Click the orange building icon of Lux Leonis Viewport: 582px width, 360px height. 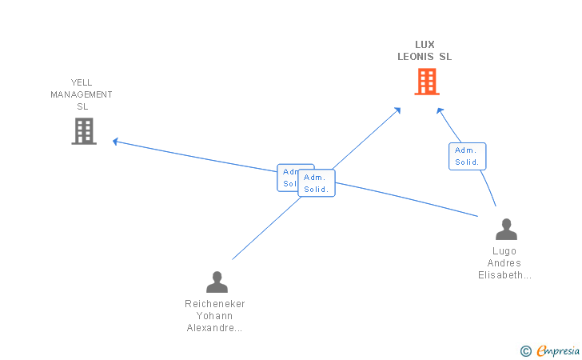[427, 82]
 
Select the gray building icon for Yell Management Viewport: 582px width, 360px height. [84, 131]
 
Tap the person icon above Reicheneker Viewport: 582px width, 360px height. [217, 282]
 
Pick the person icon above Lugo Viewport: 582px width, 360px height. [506, 230]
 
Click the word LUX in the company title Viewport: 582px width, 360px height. [425, 45]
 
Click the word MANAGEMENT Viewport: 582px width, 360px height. [82, 94]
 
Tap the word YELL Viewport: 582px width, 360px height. [82, 82]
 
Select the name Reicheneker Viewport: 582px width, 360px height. [215, 304]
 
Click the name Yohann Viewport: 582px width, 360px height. [214, 316]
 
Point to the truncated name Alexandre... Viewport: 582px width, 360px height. [214, 328]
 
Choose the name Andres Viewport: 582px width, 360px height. [504, 263]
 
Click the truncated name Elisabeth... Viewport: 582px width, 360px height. [504, 275]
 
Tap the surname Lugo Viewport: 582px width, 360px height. [504, 251]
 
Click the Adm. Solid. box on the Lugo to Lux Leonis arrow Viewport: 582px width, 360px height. [468, 157]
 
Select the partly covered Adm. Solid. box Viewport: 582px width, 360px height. [288, 178]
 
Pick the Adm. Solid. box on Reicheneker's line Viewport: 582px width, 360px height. [317, 183]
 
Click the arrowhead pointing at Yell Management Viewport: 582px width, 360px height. [115, 142]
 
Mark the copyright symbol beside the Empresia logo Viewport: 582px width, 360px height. [525, 351]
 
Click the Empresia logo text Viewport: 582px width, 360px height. [558, 350]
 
